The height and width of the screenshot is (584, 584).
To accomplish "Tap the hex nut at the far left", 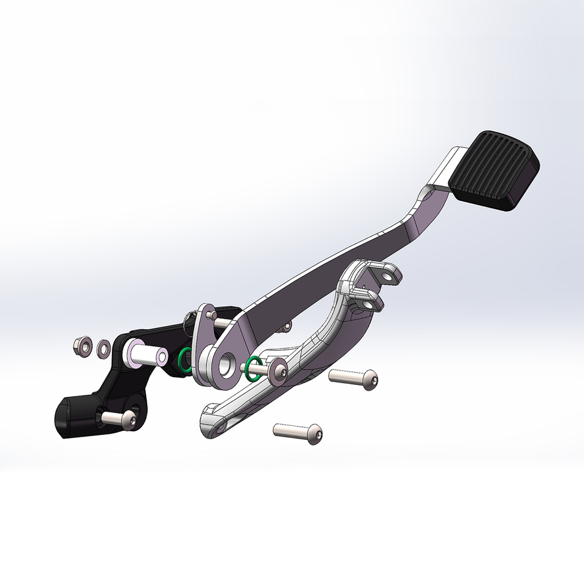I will (x=82, y=346).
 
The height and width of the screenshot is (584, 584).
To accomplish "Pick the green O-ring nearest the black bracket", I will (x=183, y=360).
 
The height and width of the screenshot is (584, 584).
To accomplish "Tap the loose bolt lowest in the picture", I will (x=298, y=433).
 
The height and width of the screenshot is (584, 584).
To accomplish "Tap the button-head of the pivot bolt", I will (x=279, y=372).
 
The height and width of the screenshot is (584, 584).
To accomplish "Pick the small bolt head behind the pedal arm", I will (x=286, y=327).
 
